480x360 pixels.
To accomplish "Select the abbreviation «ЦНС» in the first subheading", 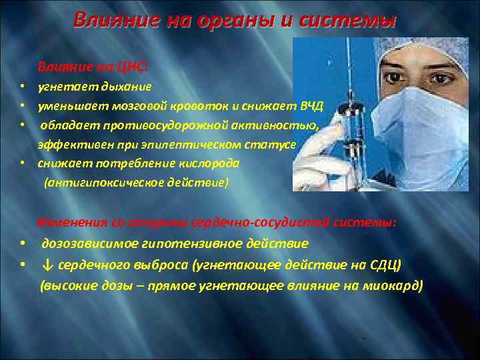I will tap(132, 67).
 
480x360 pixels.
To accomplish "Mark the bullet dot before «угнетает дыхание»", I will tap(22, 87).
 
